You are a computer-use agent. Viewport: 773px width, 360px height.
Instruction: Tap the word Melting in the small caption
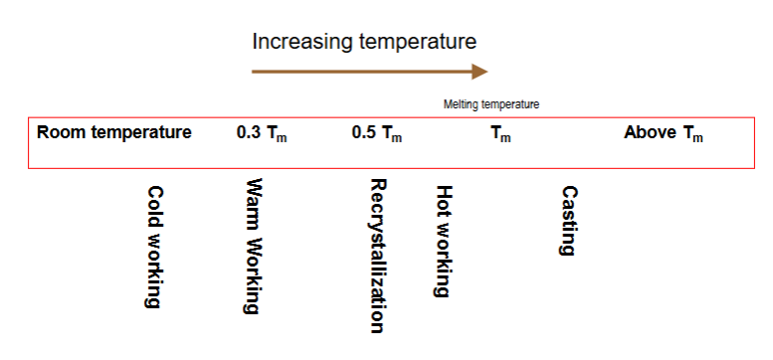click(460, 103)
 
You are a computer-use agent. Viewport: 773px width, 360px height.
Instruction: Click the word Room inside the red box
click(59, 132)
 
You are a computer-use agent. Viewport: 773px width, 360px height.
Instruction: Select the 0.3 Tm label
click(262, 133)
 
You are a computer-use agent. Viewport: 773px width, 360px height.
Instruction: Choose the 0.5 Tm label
click(377, 133)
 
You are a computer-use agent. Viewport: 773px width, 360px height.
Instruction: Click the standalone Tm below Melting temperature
click(500, 134)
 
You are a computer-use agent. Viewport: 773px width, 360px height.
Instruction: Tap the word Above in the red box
click(650, 132)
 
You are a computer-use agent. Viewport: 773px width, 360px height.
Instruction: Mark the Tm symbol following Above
click(692, 134)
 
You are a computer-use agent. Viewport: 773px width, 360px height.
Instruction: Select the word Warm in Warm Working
click(253, 204)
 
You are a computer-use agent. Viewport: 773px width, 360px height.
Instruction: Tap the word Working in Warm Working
click(253, 274)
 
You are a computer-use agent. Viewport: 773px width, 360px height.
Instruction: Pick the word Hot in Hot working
click(444, 200)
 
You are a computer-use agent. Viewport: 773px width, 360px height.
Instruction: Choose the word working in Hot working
click(444, 259)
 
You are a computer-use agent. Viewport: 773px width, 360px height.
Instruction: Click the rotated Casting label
click(568, 221)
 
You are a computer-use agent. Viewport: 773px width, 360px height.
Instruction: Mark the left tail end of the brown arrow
click(255, 71)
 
